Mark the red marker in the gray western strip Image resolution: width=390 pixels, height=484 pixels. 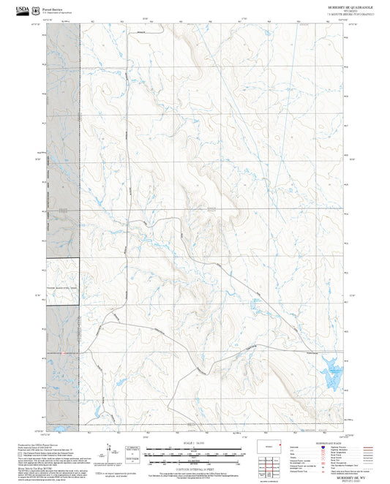coord(64,353)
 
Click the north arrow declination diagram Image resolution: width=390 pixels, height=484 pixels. coord(110,451)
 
